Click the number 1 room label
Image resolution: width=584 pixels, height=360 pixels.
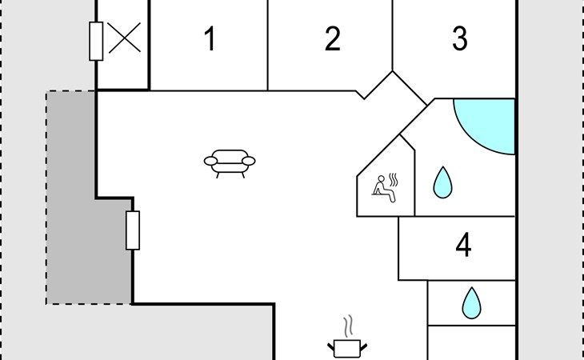pos(210,38)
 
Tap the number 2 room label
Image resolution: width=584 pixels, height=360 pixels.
pos(333,38)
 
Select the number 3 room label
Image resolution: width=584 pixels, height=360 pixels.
pos(460,38)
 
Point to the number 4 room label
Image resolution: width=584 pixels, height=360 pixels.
pos(463,245)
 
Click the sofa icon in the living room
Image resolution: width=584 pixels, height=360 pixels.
pos(230,163)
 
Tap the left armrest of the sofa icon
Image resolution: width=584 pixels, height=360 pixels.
pos(210,161)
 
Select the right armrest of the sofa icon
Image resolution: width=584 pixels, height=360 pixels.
pos(249,161)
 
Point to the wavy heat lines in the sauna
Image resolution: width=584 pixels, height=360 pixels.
pos(394,180)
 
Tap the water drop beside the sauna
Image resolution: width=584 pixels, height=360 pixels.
pos(442,182)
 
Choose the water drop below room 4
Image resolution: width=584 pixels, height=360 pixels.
pos(471,303)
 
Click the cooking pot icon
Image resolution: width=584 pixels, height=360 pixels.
pos(347,349)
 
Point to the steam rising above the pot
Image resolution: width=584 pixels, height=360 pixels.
pos(348,326)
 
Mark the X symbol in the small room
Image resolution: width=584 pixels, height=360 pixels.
pos(124,38)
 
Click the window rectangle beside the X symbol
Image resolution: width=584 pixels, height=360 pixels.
pos(96,41)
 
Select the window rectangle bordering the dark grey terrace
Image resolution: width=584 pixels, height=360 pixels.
pos(133,230)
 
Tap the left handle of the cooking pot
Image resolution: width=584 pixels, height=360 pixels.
pos(331,347)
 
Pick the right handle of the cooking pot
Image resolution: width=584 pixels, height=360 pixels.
pos(363,347)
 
